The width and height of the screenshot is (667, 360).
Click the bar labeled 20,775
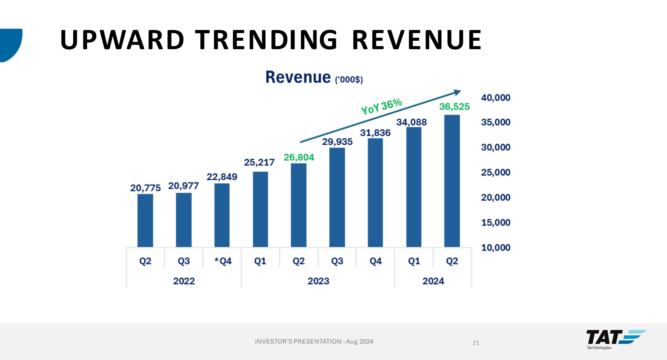(x=145, y=220)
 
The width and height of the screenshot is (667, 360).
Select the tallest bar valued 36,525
(x=452, y=181)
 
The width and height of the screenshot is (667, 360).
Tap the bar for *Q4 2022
(x=222, y=215)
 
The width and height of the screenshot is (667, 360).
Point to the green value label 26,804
(x=299, y=157)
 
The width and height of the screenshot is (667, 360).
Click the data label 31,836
(x=375, y=133)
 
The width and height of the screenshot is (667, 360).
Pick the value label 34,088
(x=411, y=122)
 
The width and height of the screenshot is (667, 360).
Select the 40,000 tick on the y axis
(x=495, y=98)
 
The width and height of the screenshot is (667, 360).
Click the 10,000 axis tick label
(x=495, y=248)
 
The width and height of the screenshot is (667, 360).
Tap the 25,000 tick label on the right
(x=495, y=172)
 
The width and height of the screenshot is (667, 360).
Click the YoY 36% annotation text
(x=381, y=106)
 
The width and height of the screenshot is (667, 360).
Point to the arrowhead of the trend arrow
(x=457, y=93)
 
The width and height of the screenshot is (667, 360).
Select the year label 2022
(x=184, y=281)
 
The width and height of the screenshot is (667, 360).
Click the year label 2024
(x=433, y=281)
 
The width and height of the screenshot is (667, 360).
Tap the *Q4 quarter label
(x=223, y=261)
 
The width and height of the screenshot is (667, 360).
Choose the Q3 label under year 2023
(x=337, y=261)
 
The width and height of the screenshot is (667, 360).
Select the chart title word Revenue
(x=298, y=77)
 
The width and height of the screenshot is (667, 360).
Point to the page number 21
(x=476, y=343)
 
